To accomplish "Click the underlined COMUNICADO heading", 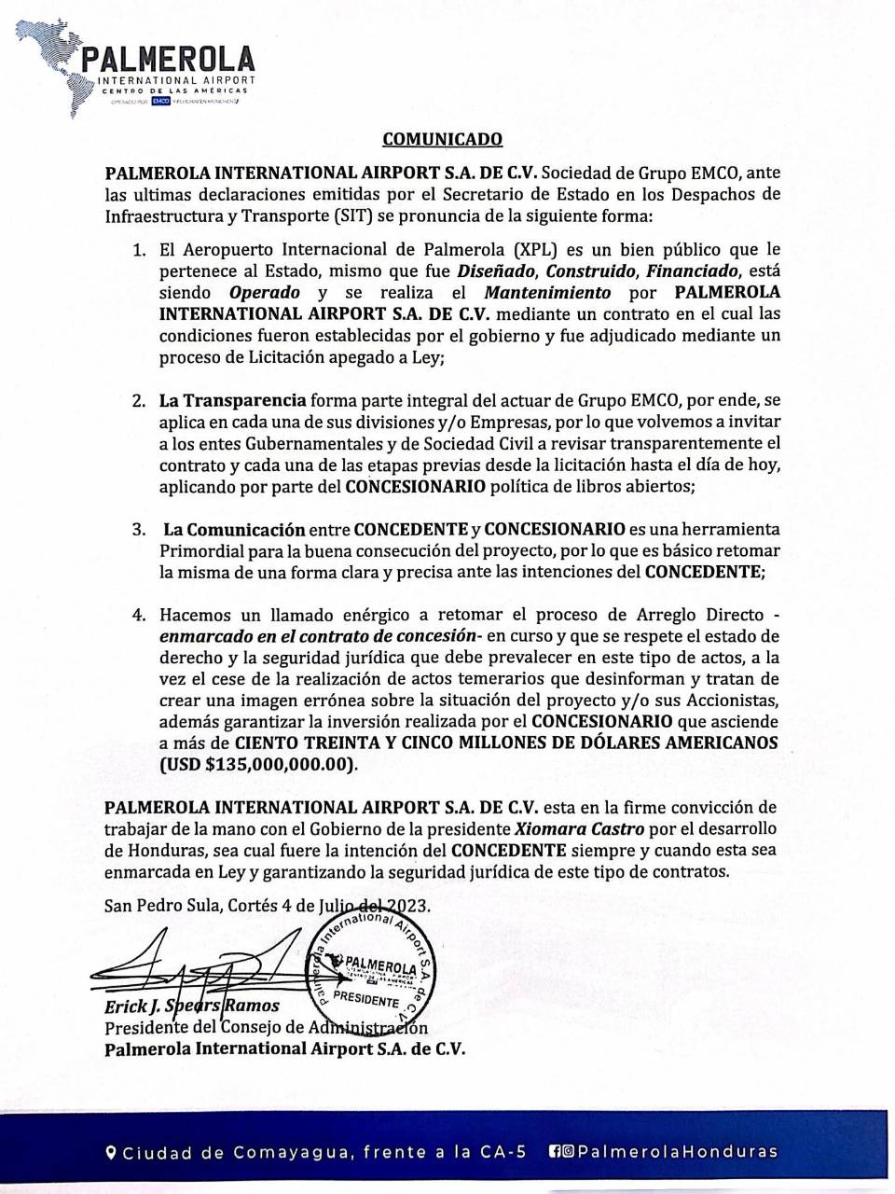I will [443, 140].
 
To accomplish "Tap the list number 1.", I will [139, 251].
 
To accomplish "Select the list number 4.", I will [139, 617].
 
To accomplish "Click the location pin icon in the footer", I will [111, 1152].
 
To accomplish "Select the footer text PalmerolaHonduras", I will [678, 1152].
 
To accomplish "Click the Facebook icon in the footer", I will [556, 1152].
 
